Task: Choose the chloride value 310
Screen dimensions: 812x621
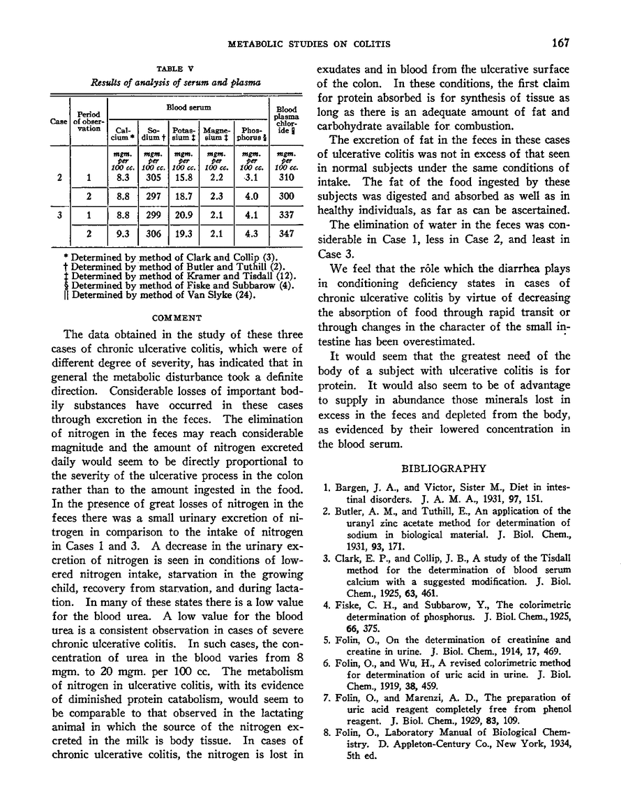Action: point(285,178)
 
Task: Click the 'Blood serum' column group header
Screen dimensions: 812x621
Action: point(186,109)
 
